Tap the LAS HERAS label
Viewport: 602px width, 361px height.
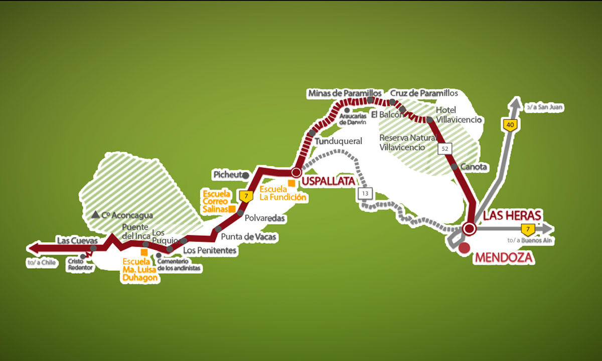coord(512,216)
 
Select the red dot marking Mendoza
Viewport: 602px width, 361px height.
coord(465,248)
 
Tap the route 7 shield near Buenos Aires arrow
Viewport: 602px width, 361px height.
coord(527,230)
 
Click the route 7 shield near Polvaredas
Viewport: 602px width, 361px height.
coord(245,196)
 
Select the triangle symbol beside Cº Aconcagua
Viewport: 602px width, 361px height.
coord(95,215)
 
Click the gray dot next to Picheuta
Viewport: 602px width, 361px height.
coord(245,175)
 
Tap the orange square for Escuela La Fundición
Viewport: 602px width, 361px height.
coord(290,183)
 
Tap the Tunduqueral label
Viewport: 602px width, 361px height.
coord(338,142)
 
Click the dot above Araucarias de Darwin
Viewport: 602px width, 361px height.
coord(347,110)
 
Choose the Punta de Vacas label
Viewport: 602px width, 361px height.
coord(248,237)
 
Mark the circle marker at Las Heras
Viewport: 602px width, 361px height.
coord(470,229)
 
